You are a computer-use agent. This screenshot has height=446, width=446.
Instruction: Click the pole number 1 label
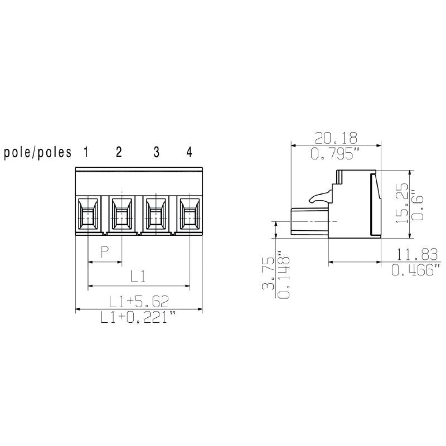click(x=86, y=152)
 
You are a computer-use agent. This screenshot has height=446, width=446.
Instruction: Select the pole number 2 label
click(x=119, y=152)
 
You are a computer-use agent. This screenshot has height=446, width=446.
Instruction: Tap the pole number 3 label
click(x=156, y=152)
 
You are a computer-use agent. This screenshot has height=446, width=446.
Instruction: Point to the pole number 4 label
click(x=189, y=152)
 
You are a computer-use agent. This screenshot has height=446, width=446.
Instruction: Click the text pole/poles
click(x=38, y=153)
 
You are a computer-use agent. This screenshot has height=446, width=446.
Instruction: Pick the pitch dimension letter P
click(x=104, y=253)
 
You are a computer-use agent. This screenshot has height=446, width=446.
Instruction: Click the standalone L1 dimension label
click(x=138, y=275)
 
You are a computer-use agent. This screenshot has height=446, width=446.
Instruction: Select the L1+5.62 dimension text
click(x=139, y=302)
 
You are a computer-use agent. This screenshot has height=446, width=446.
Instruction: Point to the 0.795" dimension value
click(x=336, y=154)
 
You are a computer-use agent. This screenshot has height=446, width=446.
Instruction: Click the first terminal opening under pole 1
click(x=88, y=214)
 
